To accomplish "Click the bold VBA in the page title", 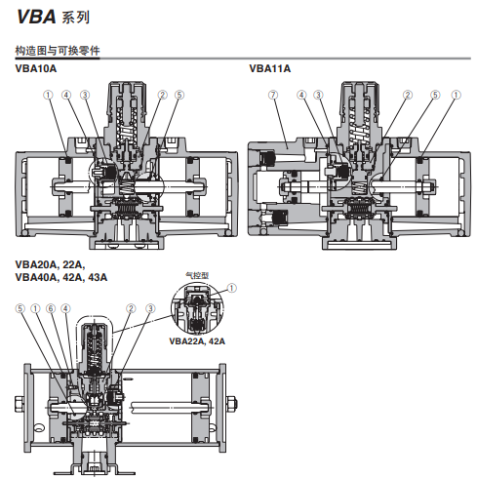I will click(x=36, y=17).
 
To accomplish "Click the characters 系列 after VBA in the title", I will click(x=73, y=18).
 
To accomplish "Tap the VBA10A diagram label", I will click(x=36, y=68).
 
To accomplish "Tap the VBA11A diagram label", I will click(x=269, y=68).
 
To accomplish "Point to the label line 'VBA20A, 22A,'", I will click(x=50, y=265).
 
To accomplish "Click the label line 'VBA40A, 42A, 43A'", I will click(x=61, y=278).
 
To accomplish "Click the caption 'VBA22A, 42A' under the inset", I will click(x=197, y=341).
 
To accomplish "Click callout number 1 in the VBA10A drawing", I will click(x=47, y=95).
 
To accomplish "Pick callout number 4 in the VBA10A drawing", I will click(x=66, y=95).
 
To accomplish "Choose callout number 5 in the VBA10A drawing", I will click(x=179, y=95).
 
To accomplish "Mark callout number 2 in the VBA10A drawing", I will click(x=161, y=95).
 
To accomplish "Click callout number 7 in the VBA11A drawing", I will click(x=274, y=95).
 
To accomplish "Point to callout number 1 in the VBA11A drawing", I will click(x=455, y=95).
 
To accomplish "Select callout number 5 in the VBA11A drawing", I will click(x=435, y=95).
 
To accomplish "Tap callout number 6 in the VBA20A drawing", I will click(x=50, y=308).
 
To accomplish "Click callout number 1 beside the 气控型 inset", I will click(x=231, y=288).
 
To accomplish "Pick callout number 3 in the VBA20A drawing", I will click(x=150, y=308).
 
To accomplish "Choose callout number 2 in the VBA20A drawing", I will click(x=131, y=308).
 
